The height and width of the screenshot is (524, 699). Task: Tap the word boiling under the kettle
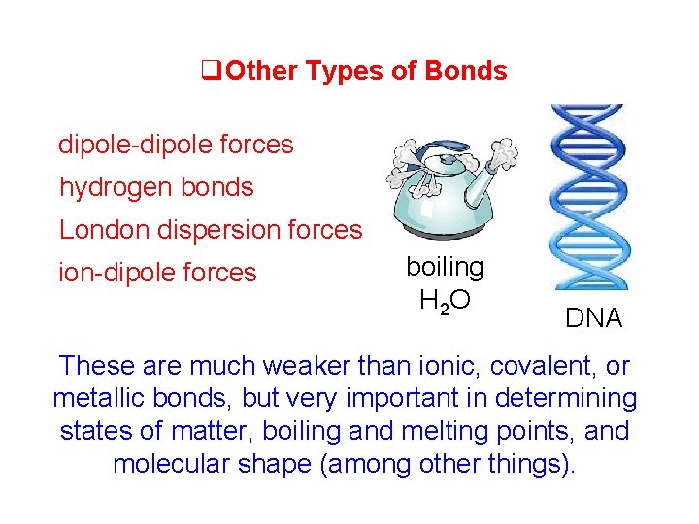445,267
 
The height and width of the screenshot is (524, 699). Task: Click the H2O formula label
445,301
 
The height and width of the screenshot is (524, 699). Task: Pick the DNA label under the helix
594,318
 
